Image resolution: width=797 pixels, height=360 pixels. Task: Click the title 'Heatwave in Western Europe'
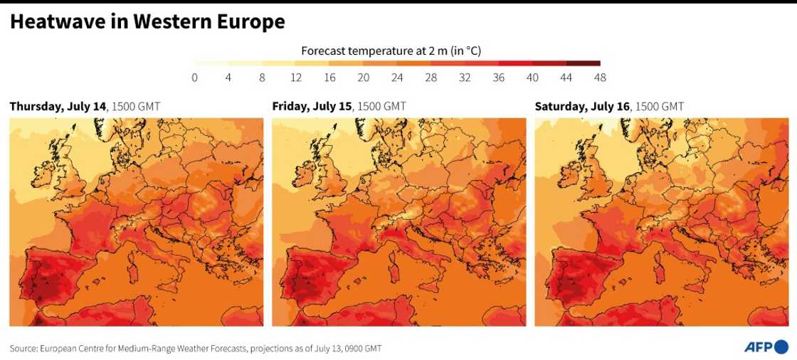pos(147,22)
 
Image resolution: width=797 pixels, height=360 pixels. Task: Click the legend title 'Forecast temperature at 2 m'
pos(391,51)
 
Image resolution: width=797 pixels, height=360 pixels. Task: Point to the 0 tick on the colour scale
pos(194,78)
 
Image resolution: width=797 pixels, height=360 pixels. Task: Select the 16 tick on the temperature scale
pos(330,78)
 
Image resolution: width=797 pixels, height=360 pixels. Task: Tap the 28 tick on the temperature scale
pos(431,78)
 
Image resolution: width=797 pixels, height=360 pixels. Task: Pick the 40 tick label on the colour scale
pos(533,78)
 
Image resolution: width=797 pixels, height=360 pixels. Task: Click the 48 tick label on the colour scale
pos(601,78)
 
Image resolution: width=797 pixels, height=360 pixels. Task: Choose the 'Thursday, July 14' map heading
pos(58,107)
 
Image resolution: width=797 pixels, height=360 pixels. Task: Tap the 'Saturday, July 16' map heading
pos(582,107)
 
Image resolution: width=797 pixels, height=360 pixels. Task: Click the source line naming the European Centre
pos(196,348)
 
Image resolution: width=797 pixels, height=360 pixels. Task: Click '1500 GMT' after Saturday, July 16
pos(659,107)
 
